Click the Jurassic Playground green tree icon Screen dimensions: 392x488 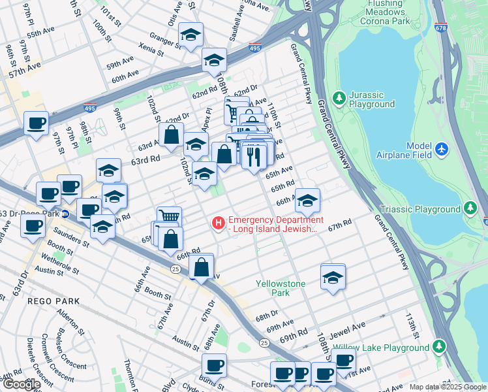[x=339, y=98]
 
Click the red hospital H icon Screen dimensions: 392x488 [x=218, y=223]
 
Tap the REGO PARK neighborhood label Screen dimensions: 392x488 [x=53, y=301]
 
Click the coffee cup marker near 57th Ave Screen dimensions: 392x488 [x=36, y=123]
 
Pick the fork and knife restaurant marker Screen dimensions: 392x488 [x=254, y=156]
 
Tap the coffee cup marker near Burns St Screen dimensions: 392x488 [x=213, y=365]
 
